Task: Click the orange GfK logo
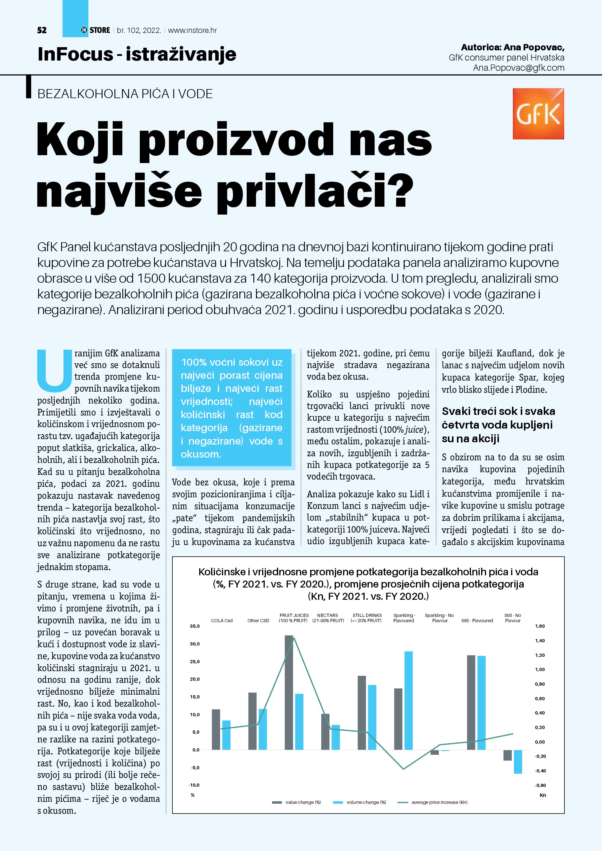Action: (x=538, y=114)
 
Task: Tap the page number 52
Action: (x=42, y=30)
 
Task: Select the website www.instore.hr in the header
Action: (x=193, y=30)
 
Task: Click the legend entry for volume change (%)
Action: (x=366, y=802)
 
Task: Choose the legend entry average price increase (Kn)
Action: (x=439, y=802)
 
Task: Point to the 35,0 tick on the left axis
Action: (x=195, y=627)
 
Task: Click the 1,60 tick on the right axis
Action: (x=540, y=627)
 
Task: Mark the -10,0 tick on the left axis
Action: (x=194, y=785)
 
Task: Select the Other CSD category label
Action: (x=258, y=620)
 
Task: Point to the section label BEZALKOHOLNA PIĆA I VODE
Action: (x=125, y=94)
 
